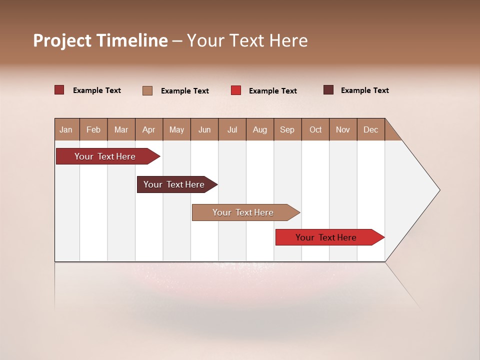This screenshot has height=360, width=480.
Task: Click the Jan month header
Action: click(66, 129)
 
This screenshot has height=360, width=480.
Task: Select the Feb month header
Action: click(93, 129)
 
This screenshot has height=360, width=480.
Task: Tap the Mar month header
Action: click(121, 129)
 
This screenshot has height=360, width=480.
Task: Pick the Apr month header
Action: click(149, 129)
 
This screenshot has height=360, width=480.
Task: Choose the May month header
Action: click(176, 129)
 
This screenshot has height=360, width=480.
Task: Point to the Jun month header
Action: click(204, 129)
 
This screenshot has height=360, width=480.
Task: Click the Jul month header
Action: click(232, 129)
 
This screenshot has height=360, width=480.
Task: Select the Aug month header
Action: click(260, 129)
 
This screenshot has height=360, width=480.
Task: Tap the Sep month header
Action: click(287, 129)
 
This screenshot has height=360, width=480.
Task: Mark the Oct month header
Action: click(315, 129)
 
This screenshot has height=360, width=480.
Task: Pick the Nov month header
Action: click(343, 129)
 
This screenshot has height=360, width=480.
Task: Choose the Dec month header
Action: click(371, 129)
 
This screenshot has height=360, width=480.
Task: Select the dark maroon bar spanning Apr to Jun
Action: click(175, 184)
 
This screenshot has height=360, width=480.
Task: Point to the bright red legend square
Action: click(236, 90)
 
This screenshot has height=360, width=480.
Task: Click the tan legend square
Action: click(147, 90)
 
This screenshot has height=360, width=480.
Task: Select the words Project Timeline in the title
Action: click(100, 40)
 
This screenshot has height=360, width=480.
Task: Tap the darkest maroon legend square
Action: click(328, 90)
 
